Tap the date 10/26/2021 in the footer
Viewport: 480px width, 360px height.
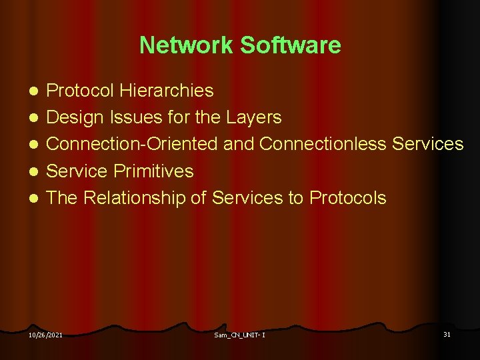[45, 334]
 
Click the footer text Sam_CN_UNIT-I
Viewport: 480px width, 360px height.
[239, 334]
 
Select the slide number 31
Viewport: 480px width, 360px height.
[447, 333]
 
